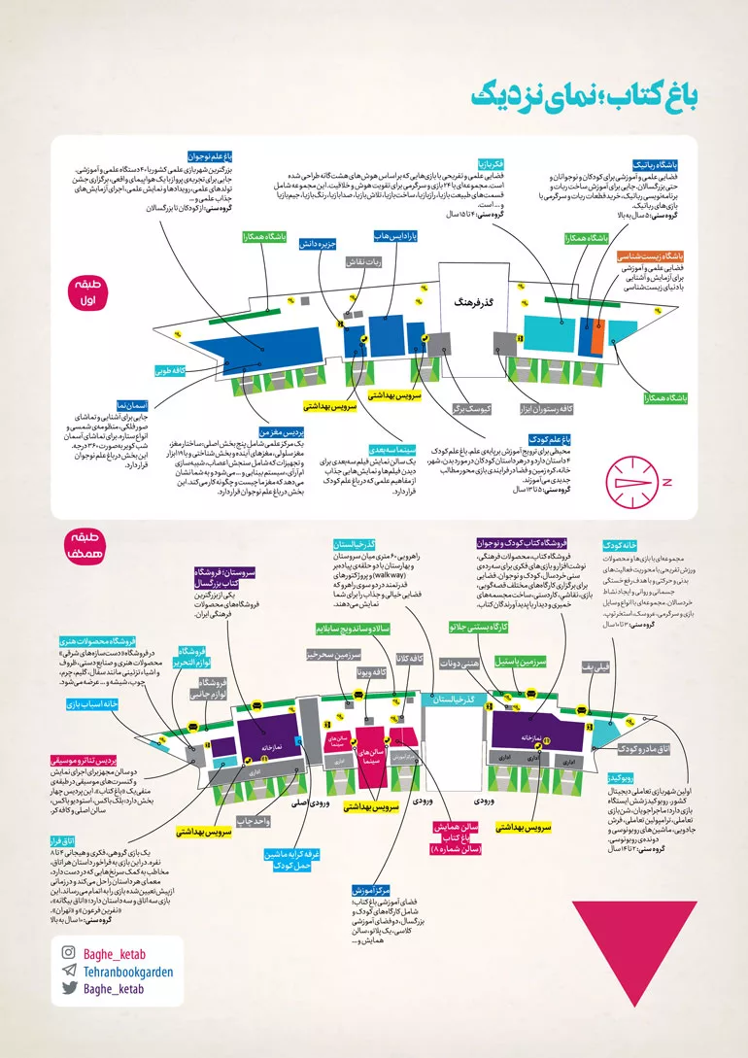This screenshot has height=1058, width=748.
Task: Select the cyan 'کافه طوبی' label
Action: (170, 370)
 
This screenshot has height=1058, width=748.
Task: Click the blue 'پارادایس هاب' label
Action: (395, 236)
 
